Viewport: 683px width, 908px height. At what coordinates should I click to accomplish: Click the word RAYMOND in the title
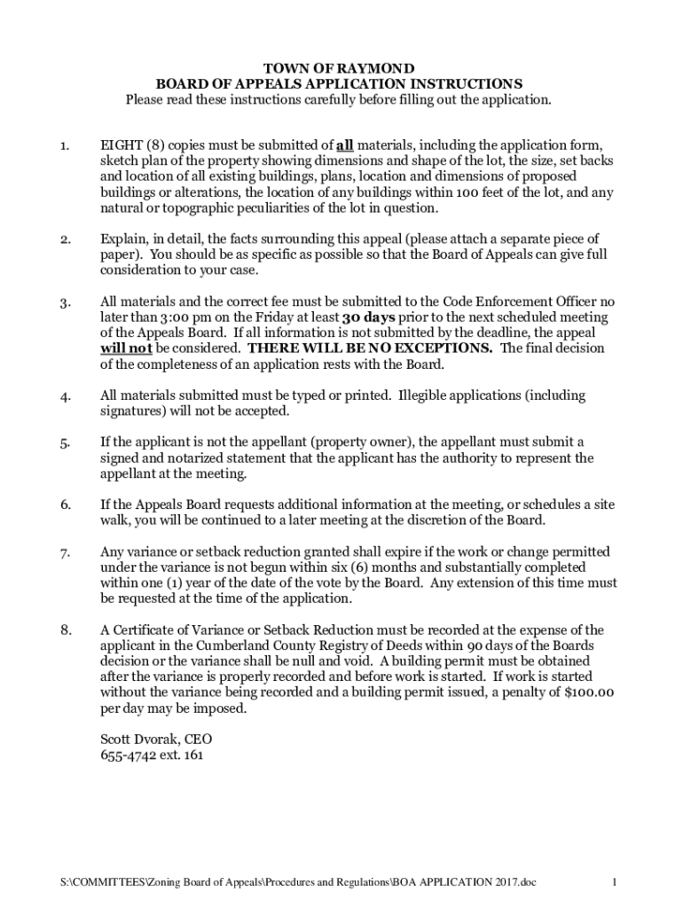(x=375, y=68)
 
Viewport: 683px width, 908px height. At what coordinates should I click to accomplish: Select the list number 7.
(x=65, y=552)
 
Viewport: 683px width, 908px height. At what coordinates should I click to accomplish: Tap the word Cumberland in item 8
(x=234, y=646)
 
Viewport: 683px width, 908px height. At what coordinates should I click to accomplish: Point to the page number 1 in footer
(x=614, y=882)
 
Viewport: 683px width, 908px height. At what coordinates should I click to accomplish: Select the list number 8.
(x=65, y=630)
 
